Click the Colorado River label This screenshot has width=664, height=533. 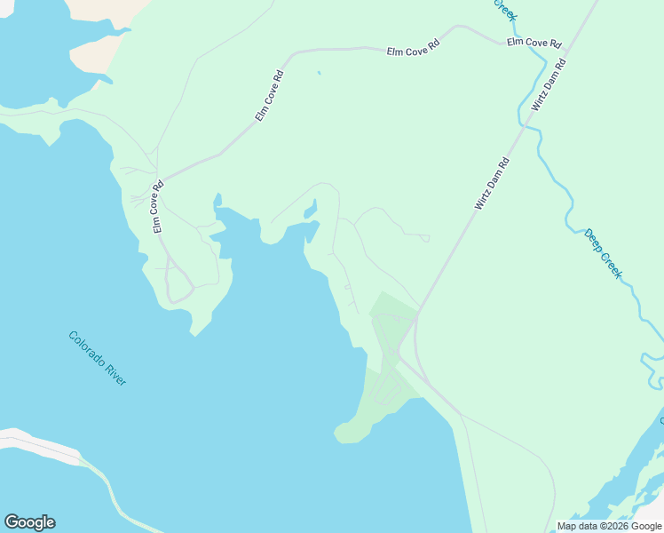(98, 357)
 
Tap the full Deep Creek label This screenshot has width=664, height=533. (603, 254)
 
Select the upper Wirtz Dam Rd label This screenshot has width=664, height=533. (548, 84)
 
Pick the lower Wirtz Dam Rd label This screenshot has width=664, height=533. (492, 184)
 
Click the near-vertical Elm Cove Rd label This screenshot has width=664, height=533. (158, 207)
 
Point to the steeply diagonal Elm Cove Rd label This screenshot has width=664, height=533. (269, 95)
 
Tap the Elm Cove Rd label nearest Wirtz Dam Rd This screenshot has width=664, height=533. (534, 43)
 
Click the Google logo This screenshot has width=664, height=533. (29, 522)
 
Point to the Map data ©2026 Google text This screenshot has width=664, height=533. (609, 526)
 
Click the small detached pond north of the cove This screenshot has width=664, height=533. (310, 210)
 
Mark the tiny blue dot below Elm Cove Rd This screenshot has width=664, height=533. (319, 73)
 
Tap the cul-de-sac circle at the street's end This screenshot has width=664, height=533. (426, 238)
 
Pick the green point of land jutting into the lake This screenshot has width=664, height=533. (348, 433)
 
